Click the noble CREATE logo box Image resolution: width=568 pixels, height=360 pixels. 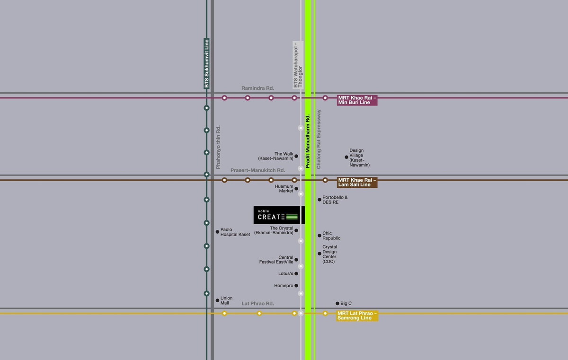click(278, 215)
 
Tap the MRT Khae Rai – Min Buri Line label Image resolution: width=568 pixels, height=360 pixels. click(357, 100)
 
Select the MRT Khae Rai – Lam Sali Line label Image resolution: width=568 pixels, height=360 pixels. click(357, 182)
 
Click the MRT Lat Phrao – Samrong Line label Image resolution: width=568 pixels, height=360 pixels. click(357, 316)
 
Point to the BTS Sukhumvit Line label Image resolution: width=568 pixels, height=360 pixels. click(206, 63)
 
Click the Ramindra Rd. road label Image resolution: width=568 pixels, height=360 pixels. click(257, 88)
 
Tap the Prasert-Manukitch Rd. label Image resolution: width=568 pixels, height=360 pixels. click(257, 170)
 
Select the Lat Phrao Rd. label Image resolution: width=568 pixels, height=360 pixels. click(257, 303)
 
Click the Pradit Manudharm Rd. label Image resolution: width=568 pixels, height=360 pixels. click(308, 141)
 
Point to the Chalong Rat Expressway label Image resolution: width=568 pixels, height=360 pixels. click(319, 139)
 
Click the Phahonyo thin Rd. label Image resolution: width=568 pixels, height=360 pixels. click(218, 147)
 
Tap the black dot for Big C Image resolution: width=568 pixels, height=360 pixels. click(337, 303)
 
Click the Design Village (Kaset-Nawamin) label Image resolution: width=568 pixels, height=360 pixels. click(359, 158)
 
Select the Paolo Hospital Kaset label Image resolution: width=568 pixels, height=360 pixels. click(235, 232)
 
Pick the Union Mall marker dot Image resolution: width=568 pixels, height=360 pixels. click(217, 300)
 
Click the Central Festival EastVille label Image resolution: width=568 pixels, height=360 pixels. click(276, 260)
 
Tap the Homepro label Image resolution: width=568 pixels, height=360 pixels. click(284, 286)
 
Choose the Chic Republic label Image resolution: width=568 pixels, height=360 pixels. click(331, 236)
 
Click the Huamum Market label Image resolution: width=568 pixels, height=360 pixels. click(284, 188)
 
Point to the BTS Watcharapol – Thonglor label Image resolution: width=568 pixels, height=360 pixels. click(298, 64)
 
